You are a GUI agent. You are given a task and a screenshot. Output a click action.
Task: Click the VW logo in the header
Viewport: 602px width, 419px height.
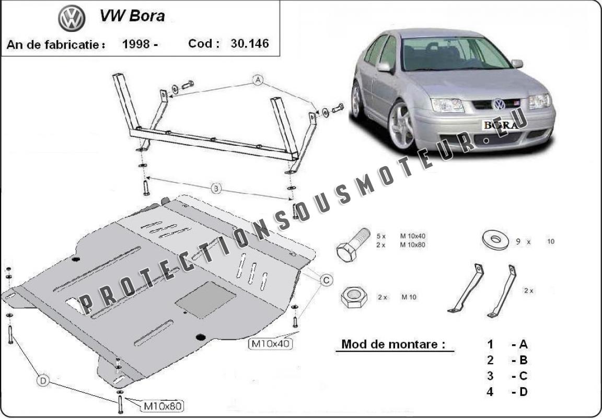(x=72, y=20)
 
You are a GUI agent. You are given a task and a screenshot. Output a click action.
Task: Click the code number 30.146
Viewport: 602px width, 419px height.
(x=249, y=44)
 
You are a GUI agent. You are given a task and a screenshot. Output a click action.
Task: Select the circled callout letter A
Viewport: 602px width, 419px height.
(x=258, y=80)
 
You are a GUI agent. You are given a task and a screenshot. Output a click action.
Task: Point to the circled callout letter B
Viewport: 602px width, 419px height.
(x=216, y=189)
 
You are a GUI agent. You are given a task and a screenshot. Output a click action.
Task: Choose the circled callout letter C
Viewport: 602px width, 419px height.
(x=326, y=281)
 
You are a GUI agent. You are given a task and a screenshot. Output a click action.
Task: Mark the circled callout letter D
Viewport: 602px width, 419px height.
(x=43, y=382)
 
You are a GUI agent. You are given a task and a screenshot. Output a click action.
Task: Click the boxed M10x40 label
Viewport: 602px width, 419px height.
(x=270, y=343)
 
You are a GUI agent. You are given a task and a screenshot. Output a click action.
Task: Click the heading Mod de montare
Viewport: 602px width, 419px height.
(x=393, y=344)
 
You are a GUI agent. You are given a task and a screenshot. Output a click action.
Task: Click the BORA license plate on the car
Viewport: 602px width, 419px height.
(x=500, y=125)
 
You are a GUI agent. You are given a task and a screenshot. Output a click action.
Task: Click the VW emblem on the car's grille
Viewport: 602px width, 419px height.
(x=499, y=103)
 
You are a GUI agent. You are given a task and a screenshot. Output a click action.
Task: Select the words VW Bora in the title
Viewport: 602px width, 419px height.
(x=132, y=16)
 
